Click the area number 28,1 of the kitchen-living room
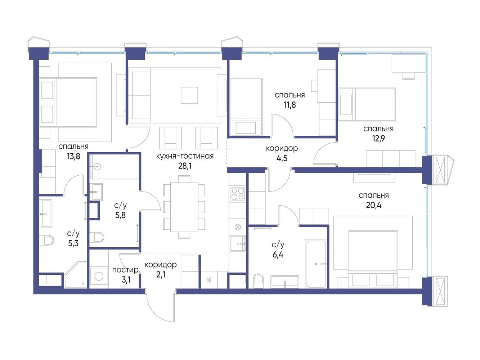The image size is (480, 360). [185, 166]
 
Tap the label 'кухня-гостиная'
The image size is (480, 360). [185, 156]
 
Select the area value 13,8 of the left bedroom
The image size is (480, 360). [73, 157]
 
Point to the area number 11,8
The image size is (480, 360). [290, 105]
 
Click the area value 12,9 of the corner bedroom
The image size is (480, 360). [378, 139]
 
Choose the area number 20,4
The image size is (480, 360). [374, 205]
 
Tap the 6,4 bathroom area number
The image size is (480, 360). [278, 255]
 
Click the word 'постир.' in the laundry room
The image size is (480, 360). [126, 270]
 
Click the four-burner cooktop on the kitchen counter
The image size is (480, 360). [238, 194]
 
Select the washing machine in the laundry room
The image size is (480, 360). [99, 276]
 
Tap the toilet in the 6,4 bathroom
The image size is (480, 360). [259, 281]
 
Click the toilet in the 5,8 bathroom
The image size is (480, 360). [97, 237]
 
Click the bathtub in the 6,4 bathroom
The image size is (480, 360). [316, 264]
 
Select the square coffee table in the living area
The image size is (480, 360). [189, 95]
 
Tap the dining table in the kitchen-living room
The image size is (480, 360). [184, 207]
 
